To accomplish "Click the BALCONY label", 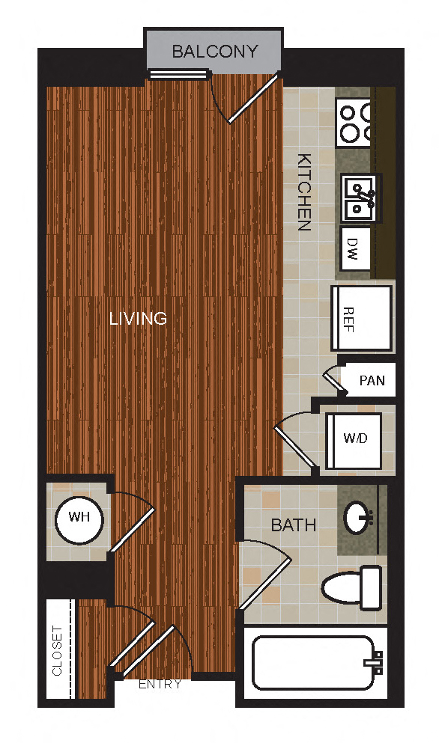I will pos(214,52).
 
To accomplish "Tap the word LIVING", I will pos(138,319).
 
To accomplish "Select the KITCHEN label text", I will pos(304,192).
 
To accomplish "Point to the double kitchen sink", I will pos(361,198).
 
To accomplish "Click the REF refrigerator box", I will pos(361,318).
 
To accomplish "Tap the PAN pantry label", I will pos(372,380).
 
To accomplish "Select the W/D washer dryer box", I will pos(354,438).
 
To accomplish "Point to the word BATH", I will pos(293,525).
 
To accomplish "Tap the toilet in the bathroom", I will pos(352,584).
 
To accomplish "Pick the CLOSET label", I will pos(58,649).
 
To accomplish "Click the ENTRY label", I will pos(160,684).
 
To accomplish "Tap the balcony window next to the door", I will pos(178,73).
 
